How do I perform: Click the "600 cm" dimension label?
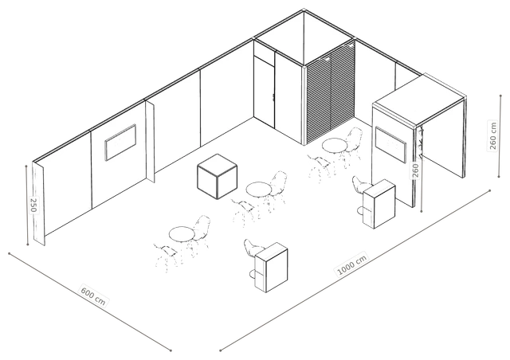(93, 295)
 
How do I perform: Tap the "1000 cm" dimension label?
(352, 264)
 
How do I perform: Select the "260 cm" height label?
(493, 135)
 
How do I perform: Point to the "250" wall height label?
(33, 205)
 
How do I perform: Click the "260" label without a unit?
(416, 170)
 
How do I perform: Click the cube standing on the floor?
(217, 177)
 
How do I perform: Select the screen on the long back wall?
(120, 142)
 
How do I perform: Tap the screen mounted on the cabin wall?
(391, 144)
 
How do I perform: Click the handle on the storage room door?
(273, 97)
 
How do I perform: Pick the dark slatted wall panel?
(330, 93)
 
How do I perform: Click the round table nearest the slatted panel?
(334, 145)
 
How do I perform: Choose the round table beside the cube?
(258, 189)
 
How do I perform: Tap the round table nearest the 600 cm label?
(182, 234)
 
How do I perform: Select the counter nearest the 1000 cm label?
(271, 268)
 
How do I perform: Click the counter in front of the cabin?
(379, 204)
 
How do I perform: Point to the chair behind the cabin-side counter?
(359, 190)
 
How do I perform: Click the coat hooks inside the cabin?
(422, 144)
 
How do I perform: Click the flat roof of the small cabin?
(419, 100)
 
